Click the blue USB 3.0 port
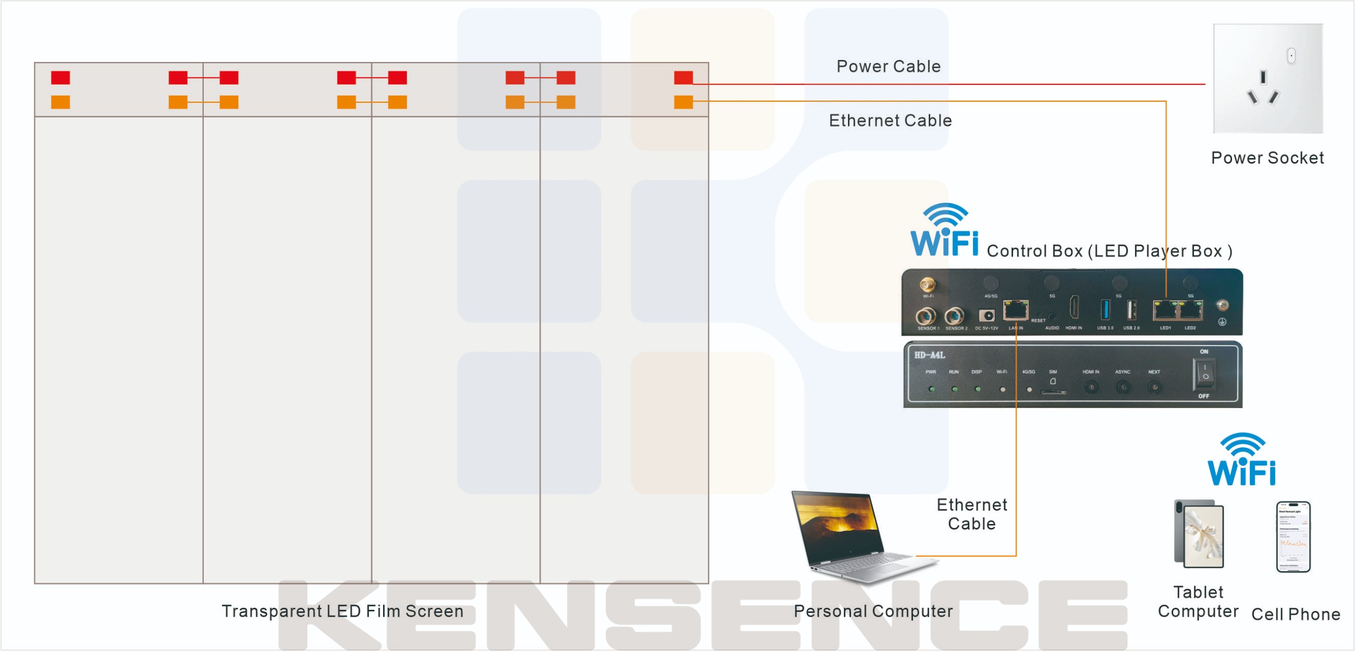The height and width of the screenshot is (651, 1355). coord(1105,310)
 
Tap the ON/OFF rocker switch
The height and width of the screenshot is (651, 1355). coord(1204,374)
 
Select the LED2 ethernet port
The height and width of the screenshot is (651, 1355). coord(1191,311)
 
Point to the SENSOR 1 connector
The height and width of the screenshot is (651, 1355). coord(926,316)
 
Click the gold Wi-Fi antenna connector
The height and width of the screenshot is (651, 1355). coord(927,285)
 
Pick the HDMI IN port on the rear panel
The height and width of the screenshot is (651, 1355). coord(1074,307)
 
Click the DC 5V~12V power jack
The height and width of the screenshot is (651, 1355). coord(987,315)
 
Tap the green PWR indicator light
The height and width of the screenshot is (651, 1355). coord(932,389)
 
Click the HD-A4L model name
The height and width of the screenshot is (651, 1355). coord(929,355)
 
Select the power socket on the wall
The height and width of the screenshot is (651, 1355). coord(1267,79)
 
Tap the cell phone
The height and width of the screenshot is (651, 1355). coord(1294,537)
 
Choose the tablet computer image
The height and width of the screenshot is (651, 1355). coord(1199,534)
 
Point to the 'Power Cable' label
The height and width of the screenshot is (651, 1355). coord(889,67)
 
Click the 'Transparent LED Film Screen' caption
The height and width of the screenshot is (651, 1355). coord(342,611)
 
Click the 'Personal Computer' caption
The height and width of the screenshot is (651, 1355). coord(873,611)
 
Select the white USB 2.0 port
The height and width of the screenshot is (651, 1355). coord(1131,310)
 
